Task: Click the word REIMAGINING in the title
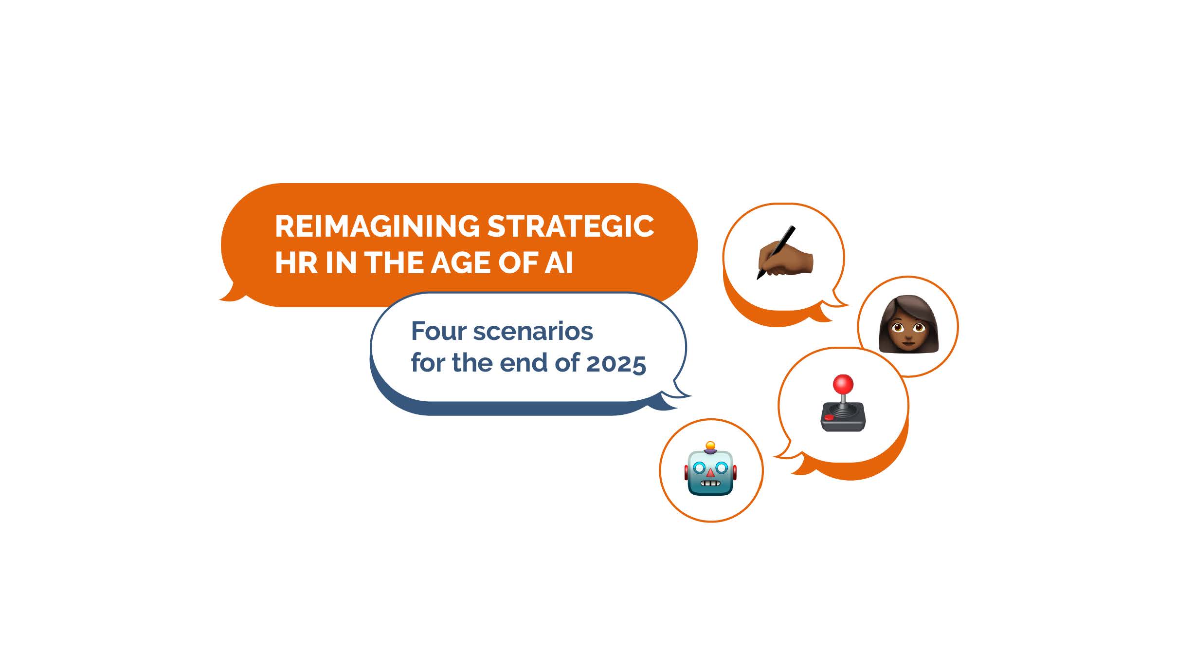(x=378, y=226)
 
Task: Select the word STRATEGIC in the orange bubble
(x=571, y=226)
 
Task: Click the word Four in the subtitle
(x=439, y=331)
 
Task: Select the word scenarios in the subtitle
(x=533, y=331)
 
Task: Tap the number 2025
(x=616, y=363)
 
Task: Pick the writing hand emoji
(x=785, y=253)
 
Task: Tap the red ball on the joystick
(x=843, y=384)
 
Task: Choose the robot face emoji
(x=710, y=469)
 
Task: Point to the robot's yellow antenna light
(x=710, y=445)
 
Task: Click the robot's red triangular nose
(x=710, y=472)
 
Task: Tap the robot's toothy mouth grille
(x=710, y=484)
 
